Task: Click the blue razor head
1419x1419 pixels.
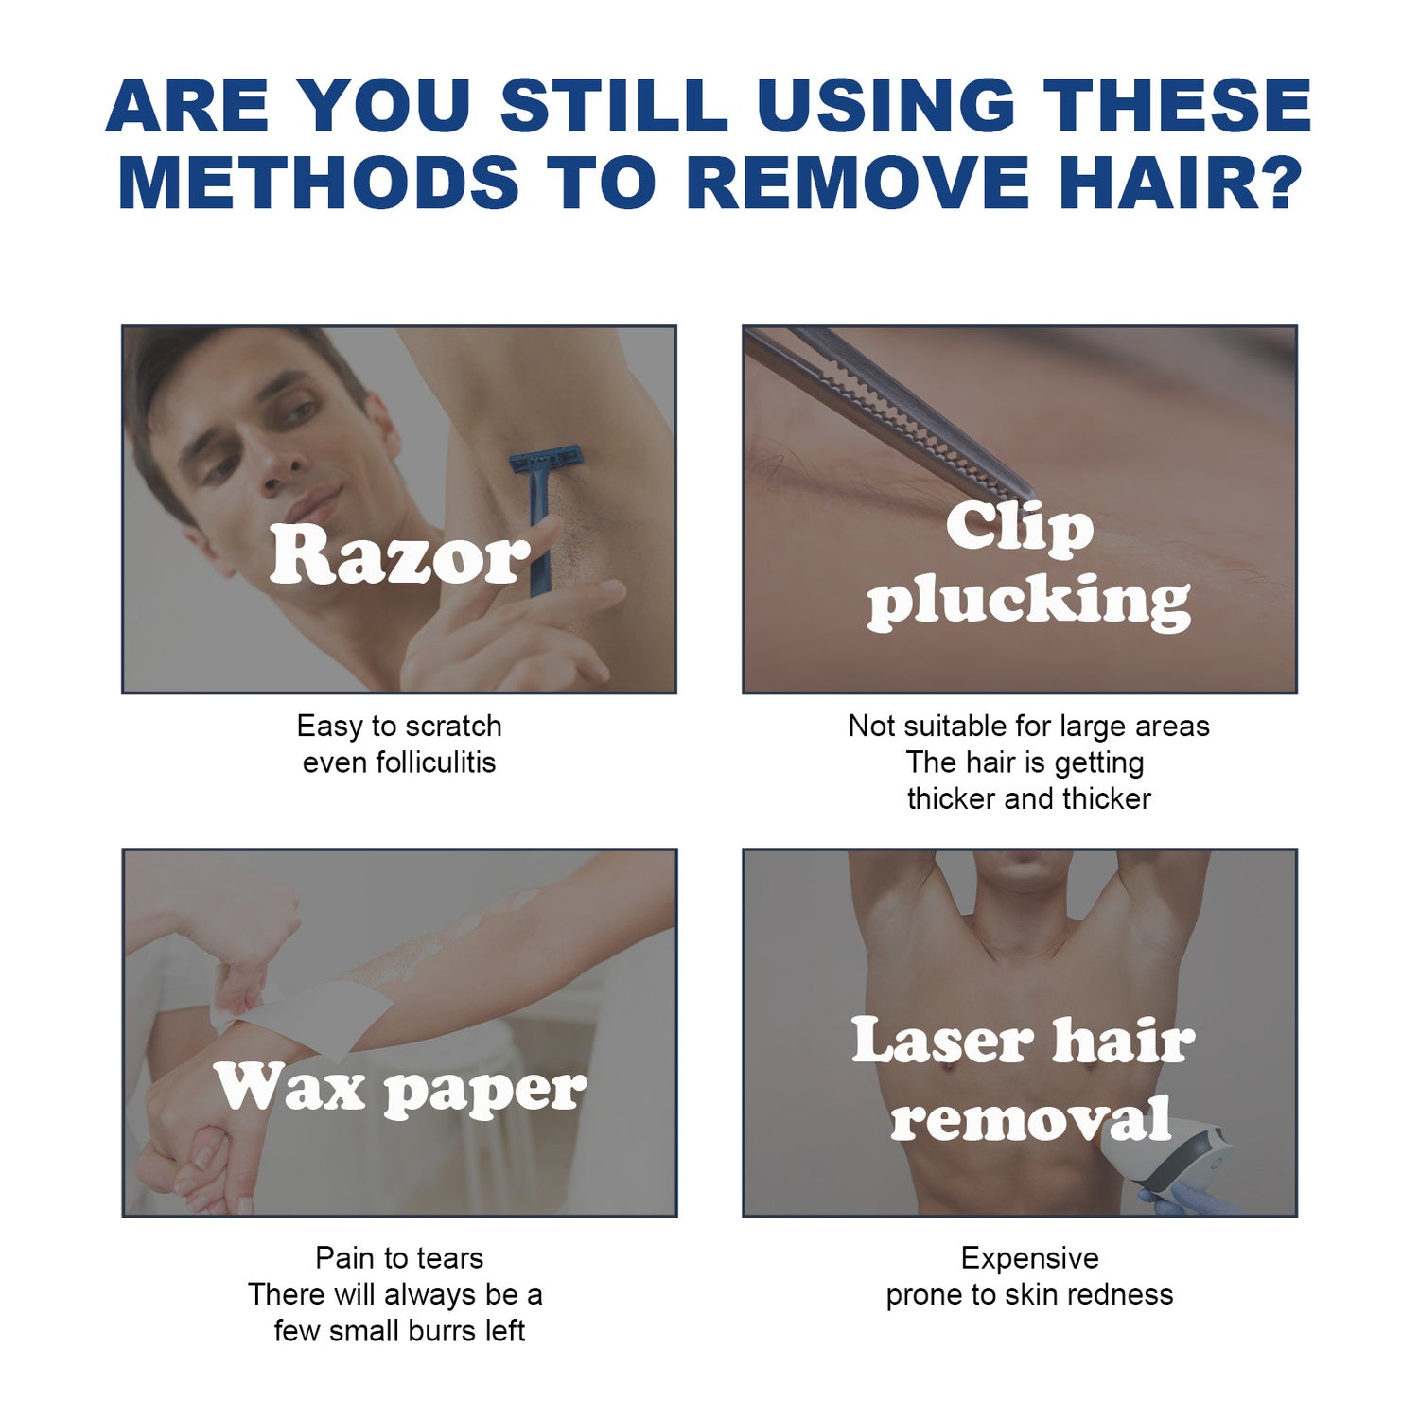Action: click(x=546, y=462)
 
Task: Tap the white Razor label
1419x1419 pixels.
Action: click(x=399, y=554)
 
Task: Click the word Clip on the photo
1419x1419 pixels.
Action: click(x=1020, y=526)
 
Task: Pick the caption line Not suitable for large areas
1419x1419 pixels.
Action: click(x=1028, y=726)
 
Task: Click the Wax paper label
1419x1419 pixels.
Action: click(x=399, y=1089)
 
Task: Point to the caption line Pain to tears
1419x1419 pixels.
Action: click(x=399, y=1257)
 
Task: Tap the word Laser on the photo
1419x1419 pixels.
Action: click(x=941, y=1041)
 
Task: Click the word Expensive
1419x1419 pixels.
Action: click(x=1029, y=1257)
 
